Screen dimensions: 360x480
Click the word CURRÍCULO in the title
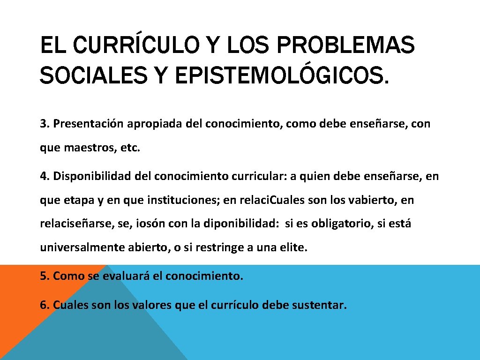coord(125,46)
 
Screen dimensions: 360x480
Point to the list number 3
coord(44,124)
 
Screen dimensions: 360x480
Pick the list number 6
coord(44,306)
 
